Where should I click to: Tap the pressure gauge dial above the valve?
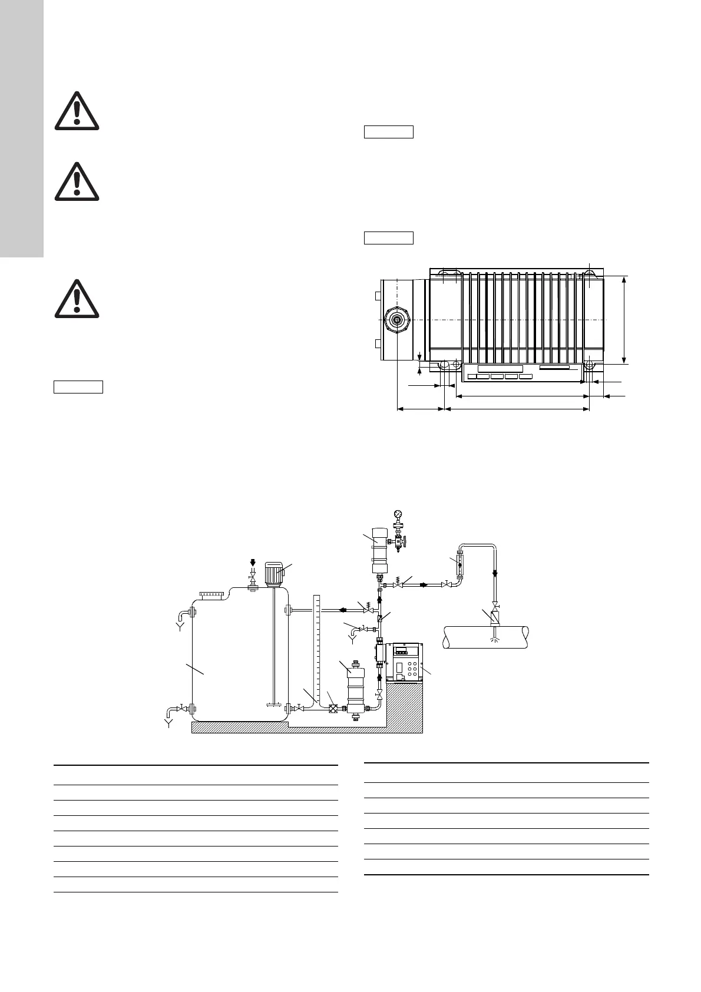point(399,514)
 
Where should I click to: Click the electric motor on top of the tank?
point(273,573)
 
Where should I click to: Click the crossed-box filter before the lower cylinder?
point(333,709)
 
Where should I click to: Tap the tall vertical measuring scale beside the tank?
point(316,648)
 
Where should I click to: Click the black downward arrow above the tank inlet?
point(253,562)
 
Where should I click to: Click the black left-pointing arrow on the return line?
point(342,610)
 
